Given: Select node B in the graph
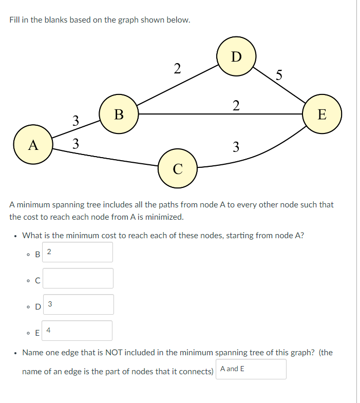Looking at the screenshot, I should tap(119, 113).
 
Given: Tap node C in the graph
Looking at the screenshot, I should tap(177, 168).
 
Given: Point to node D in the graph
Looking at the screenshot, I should tap(236, 56).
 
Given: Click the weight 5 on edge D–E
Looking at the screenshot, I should tap(278, 75).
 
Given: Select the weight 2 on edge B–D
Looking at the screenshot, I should tap(177, 68).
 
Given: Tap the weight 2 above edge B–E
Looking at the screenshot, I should tap(235, 106).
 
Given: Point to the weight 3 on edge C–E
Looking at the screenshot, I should tap(235, 147).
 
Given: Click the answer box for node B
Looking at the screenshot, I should tap(78, 252).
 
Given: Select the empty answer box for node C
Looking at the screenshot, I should tap(78, 278).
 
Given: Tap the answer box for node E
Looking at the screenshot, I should tap(78, 331).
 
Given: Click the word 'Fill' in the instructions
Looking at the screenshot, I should tap(15, 21).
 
